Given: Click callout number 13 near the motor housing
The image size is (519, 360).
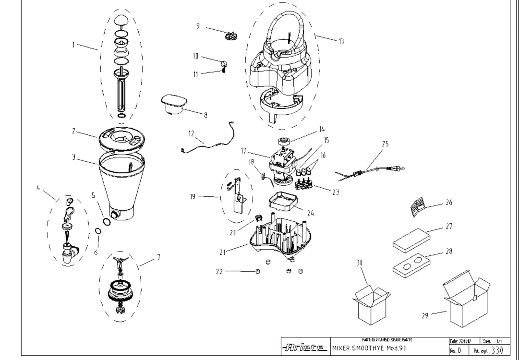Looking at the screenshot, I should coord(341,42).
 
